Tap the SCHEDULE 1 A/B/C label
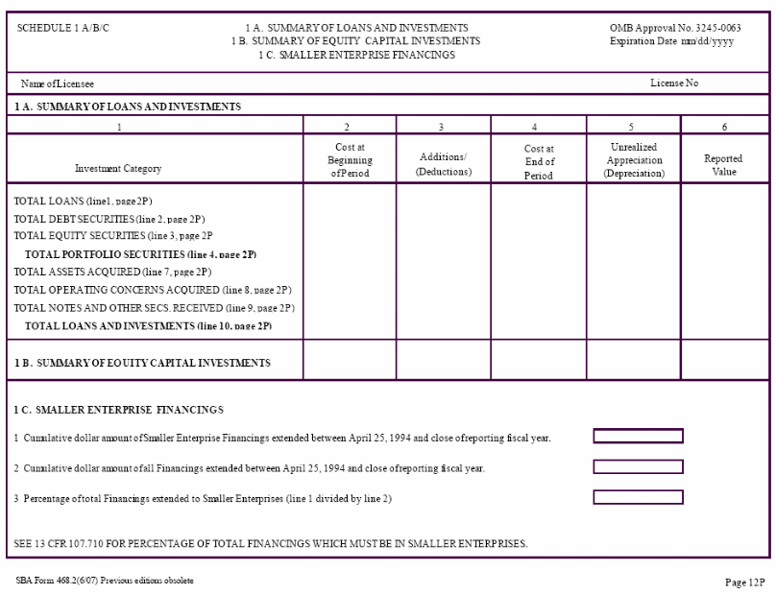[x=63, y=28]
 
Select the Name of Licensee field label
[x=58, y=83]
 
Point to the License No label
[x=674, y=83]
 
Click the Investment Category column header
[x=118, y=168]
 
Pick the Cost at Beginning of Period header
[x=350, y=160]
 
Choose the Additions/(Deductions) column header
[x=443, y=164]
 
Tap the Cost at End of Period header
[x=538, y=162]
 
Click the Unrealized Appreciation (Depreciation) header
[x=634, y=160]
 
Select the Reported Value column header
[x=723, y=164]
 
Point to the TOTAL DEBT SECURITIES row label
[x=109, y=219]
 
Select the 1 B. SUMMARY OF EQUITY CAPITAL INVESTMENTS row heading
[x=142, y=363]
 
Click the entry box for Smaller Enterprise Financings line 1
[x=638, y=437]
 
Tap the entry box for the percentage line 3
[x=638, y=497]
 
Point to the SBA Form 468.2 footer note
[x=105, y=581]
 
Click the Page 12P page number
[x=745, y=582]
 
